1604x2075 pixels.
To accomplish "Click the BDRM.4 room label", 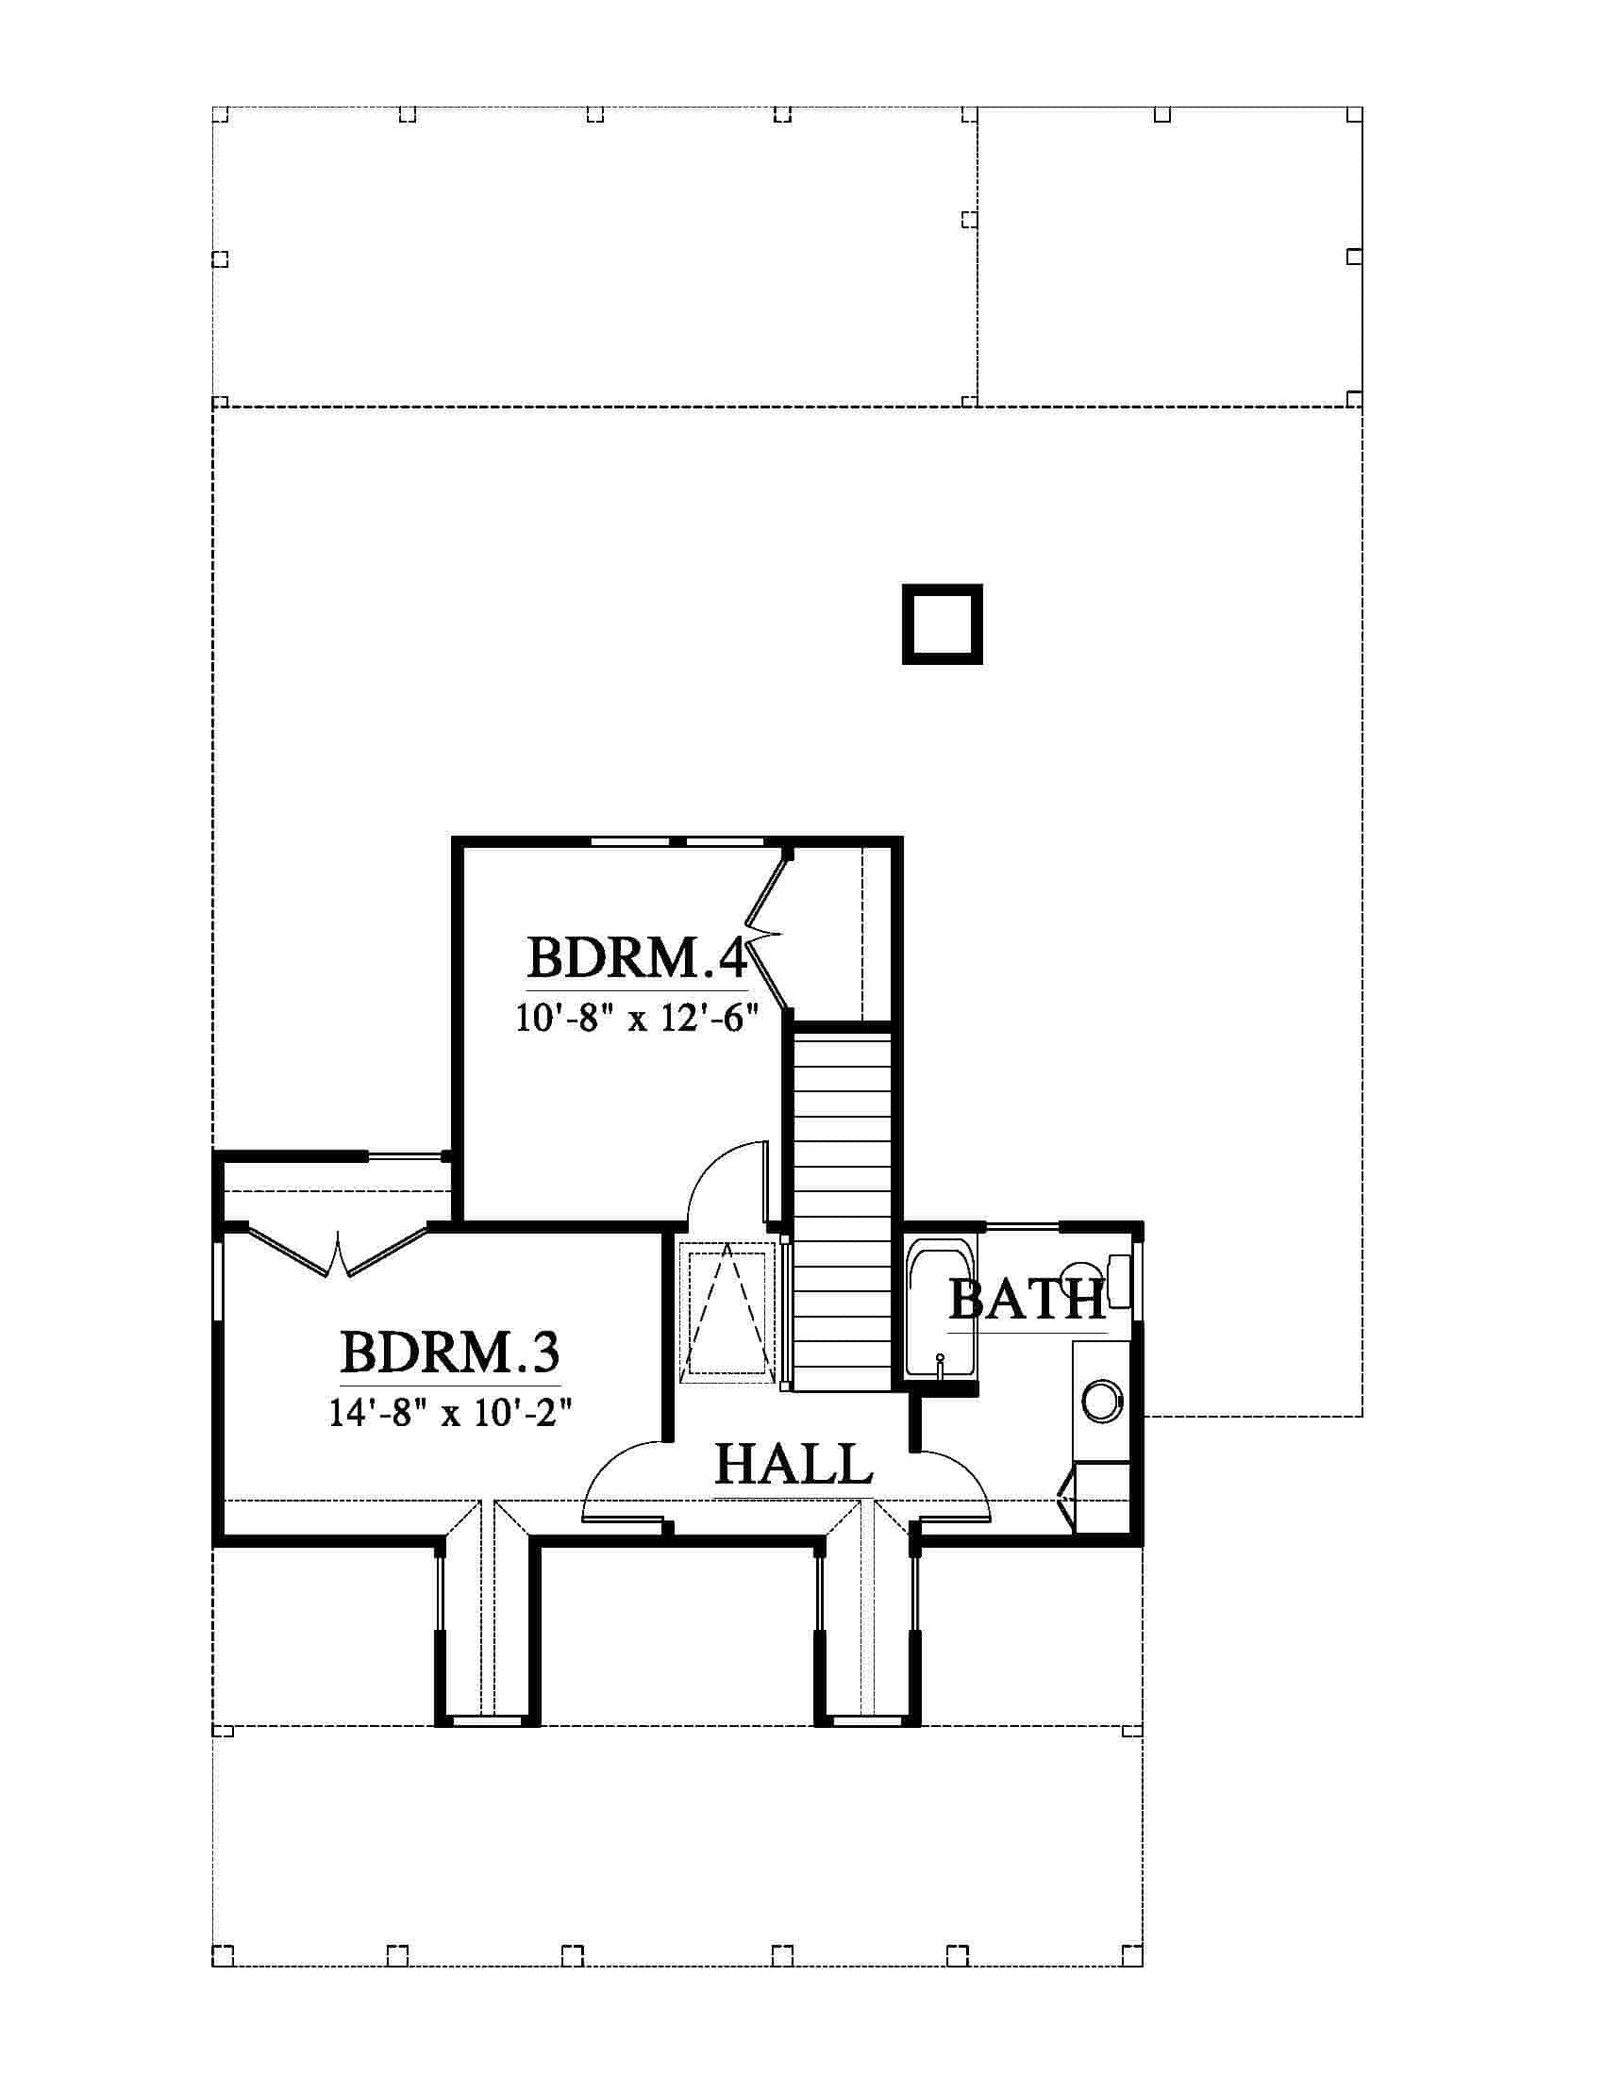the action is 638,957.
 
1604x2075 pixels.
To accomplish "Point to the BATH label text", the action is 1028,1300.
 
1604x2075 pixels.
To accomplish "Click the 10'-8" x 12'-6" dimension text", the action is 638,1019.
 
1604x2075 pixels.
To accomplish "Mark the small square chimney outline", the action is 942,624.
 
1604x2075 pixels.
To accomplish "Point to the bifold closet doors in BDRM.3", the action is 338,1250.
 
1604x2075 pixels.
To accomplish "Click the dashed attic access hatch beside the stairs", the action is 727,1312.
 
